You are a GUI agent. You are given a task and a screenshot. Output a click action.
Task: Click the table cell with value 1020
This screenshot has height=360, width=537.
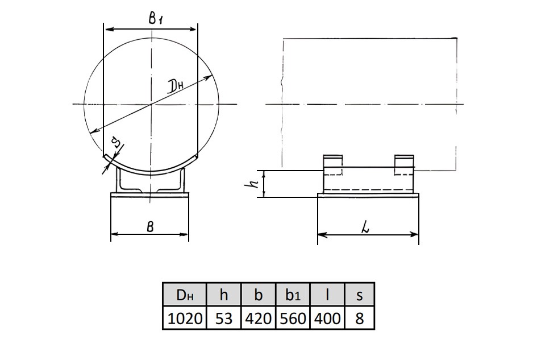[x=185, y=318]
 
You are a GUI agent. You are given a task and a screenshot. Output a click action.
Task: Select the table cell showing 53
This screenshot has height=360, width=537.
[x=224, y=318]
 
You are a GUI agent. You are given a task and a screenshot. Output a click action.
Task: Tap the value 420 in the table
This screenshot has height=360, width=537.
[x=259, y=318]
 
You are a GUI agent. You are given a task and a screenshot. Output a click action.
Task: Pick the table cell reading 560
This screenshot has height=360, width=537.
[x=293, y=318]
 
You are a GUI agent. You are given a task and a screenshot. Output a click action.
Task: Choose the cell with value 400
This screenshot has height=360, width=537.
[x=327, y=318]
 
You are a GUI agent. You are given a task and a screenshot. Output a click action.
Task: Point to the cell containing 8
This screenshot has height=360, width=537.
[x=360, y=318]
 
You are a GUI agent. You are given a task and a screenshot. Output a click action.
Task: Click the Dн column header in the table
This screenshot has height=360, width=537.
[x=185, y=295]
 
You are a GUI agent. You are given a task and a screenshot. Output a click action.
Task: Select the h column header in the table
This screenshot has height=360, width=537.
[x=224, y=295]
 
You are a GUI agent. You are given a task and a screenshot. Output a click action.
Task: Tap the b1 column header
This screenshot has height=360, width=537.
[x=293, y=295]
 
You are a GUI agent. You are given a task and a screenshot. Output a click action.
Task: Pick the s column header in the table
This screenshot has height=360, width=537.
[x=360, y=295]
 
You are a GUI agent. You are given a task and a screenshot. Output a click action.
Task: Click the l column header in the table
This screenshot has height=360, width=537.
[x=327, y=295]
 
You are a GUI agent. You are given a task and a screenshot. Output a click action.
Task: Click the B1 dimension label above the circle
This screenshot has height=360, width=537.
[x=155, y=18]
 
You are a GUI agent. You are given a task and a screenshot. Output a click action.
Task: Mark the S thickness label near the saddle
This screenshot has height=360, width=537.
[x=117, y=142]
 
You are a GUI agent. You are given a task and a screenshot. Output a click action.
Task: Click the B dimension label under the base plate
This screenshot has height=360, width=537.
[x=150, y=226]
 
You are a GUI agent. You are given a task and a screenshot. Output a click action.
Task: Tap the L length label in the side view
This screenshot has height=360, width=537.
[x=366, y=229]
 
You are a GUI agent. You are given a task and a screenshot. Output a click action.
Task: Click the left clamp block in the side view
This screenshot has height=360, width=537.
[x=333, y=165]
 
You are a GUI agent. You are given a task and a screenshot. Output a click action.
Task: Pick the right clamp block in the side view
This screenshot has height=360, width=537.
[x=404, y=165]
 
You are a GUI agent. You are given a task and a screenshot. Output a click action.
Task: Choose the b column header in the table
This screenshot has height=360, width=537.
[x=259, y=295]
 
